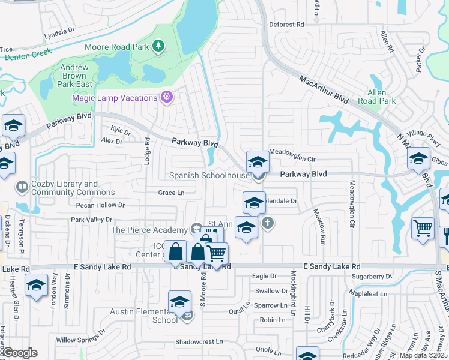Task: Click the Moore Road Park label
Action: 116,46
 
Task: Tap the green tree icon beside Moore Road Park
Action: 158,46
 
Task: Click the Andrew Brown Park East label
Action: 75,76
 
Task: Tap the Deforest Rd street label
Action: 286,25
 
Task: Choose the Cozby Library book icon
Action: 22,188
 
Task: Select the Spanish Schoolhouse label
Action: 209,175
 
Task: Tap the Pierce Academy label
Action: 149,230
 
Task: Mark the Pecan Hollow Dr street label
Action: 100,205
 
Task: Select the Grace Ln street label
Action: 171,193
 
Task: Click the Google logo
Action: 19,353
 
